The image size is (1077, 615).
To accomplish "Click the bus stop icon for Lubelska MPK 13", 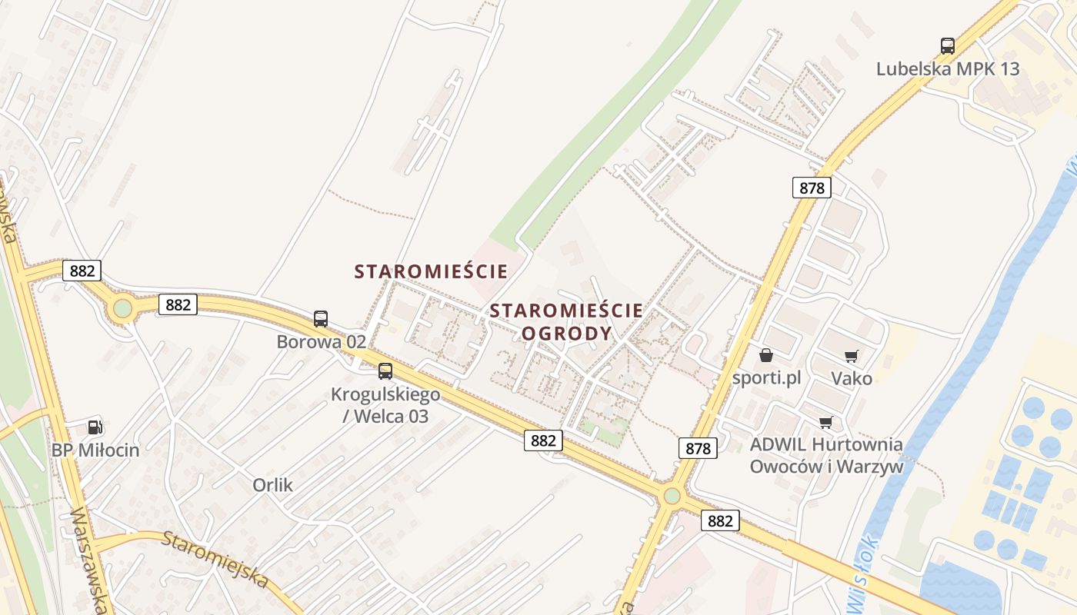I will point(947,45).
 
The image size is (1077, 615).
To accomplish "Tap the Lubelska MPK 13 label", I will point(947,68).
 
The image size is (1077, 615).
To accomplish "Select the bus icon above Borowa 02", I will point(321,318).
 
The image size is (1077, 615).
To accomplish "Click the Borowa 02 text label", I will point(321,342).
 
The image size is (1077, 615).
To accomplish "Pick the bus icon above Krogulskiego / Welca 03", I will point(385,371).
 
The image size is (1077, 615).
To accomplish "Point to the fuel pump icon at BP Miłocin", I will point(95,427).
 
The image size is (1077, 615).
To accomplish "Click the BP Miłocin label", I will point(95,450).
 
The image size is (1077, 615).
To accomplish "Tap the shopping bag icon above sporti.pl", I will point(766,355).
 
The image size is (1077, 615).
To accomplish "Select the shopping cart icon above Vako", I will point(851,356).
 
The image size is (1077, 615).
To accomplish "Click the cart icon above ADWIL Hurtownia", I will point(826,422).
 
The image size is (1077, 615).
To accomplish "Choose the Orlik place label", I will point(272,485).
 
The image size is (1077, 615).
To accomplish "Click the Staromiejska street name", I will point(215,558).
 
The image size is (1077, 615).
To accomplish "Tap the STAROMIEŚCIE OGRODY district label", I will point(566,321).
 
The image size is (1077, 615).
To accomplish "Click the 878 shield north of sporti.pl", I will point(812,188).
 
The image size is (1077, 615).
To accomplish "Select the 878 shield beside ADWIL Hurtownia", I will point(698,448).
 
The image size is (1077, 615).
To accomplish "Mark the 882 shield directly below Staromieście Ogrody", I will point(543,440).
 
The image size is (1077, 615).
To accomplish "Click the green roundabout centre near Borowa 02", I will point(122,309).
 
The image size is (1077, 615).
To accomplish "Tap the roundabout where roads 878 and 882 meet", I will point(672,496).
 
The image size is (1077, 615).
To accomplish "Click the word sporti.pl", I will point(766,377).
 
